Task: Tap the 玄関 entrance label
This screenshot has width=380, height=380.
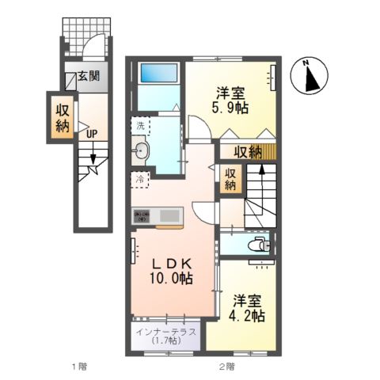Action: point(88,78)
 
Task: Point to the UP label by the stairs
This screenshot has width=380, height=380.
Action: point(91,134)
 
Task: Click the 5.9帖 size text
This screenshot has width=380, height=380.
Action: point(230,105)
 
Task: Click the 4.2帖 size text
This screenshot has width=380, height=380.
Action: point(248,314)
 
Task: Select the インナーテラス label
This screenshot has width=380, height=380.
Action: point(166,332)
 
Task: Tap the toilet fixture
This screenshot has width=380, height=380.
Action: point(257,245)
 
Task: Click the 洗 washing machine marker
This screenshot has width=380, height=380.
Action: point(140,127)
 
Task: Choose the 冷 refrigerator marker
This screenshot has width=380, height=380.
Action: point(140,179)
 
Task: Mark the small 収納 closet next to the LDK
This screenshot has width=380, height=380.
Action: point(230,179)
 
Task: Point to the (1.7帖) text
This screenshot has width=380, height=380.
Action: point(166,342)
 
